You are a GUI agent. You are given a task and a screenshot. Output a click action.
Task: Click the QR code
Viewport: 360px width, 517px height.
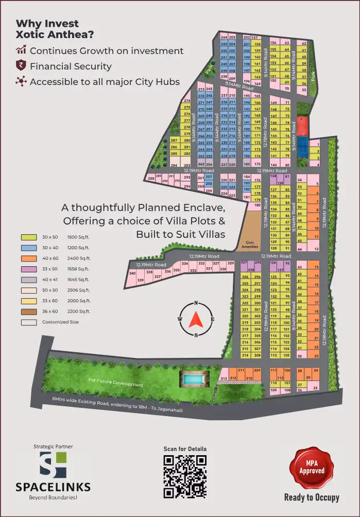185,476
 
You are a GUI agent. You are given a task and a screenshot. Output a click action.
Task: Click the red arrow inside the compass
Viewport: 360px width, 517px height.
196,320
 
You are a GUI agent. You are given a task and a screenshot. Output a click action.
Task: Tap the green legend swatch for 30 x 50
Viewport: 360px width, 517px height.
28,237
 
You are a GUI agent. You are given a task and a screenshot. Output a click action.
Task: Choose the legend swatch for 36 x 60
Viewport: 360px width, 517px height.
28,312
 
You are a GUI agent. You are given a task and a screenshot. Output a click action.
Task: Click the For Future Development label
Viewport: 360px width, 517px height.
115,383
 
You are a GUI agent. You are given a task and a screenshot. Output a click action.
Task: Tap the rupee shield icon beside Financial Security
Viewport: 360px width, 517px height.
21,66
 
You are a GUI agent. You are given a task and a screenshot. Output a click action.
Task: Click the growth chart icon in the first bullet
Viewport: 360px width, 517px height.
21,50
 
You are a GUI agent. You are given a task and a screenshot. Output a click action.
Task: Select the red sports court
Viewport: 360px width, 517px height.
303,125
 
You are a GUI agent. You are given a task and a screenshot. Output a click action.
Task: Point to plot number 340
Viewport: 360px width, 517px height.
132,273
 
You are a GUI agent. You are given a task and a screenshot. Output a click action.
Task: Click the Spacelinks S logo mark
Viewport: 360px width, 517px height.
53,465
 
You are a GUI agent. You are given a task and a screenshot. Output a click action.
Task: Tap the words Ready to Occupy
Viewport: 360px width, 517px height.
312,497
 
